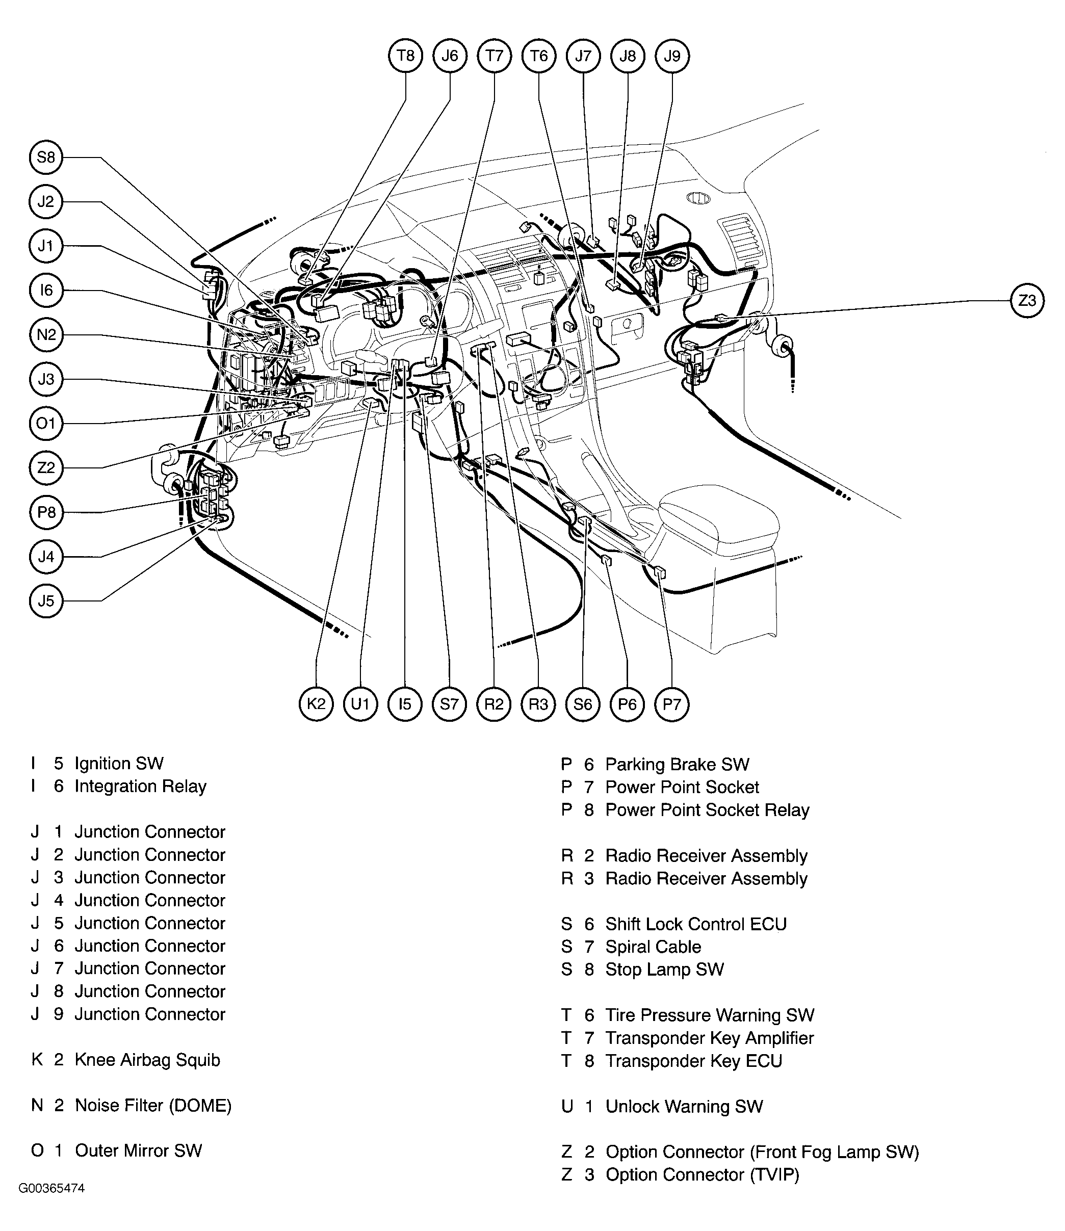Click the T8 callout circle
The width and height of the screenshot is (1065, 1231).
[405, 56]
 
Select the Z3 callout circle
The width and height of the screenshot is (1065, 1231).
[1027, 301]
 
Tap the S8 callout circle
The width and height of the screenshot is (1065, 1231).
[46, 158]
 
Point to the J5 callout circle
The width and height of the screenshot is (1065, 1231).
[46, 601]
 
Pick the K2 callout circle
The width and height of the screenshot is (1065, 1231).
[316, 704]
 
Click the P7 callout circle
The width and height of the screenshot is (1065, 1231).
[671, 704]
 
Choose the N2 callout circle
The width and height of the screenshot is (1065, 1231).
[46, 335]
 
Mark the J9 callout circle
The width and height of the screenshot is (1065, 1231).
[671, 56]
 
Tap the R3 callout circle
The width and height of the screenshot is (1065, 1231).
[538, 704]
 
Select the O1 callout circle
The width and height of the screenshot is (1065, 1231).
[46, 424]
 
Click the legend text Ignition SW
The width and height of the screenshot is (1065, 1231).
[119, 764]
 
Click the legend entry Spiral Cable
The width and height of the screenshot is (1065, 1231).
[653, 947]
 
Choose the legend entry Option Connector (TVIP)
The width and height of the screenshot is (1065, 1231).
[703, 1175]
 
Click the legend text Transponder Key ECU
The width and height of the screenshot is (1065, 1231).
[693, 1061]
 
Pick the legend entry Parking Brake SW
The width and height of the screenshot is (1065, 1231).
[677, 765]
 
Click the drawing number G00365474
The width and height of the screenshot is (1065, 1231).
[51, 1206]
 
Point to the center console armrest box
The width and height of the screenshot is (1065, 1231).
[719, 517]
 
